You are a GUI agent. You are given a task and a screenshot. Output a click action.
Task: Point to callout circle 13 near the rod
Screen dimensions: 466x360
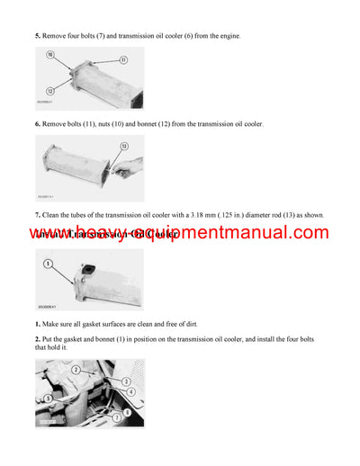click(x=123, y=146)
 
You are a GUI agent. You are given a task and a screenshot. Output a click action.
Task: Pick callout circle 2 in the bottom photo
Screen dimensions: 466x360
click(x=77, y=369)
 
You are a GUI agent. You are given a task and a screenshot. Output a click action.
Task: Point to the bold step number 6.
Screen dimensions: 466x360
click(x=37, y=123)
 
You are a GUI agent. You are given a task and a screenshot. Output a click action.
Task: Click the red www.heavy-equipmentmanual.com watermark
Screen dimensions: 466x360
click(x=179, y=234)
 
